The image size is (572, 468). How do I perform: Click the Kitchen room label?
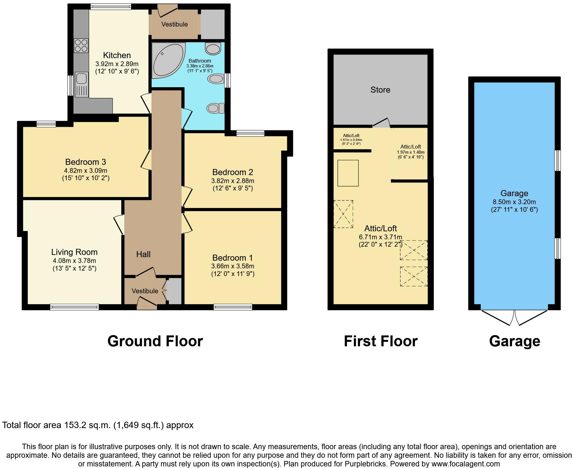click(x=117, y=56)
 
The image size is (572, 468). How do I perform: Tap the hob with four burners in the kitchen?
click(x=81, y=45)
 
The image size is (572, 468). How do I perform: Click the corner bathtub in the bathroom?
click(x=169, y=60)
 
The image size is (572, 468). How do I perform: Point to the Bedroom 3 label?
click(x=86, y=162)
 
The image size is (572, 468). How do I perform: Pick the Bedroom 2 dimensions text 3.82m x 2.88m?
click(x=233, y=181)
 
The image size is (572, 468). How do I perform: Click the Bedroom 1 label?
click(x=233, y=258)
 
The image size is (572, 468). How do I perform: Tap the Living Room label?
click(x=74, y=252)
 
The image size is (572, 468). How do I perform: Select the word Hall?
click(x=143, y=254)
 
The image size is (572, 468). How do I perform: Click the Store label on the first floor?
click(x=380, y=90)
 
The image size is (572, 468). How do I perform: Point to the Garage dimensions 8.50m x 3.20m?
click(x=514, y=202)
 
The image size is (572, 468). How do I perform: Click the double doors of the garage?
click(x=515, y=317)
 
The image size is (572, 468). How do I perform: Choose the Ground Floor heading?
click(x=155, y=341)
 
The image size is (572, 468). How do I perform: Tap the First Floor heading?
click(x=380, y=341)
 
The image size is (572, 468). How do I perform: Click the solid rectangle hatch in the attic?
click(x=348, y=173)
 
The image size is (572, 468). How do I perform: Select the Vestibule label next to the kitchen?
click(x=174, y=24)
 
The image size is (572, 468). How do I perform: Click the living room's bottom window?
click(x=74, y=307)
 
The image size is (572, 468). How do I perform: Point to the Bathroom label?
click(x=199, y=61)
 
